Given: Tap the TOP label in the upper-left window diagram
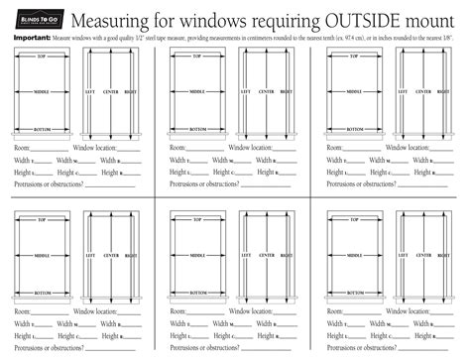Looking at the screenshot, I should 42,58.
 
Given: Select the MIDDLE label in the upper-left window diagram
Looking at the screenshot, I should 42,91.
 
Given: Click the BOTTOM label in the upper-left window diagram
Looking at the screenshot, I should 42,129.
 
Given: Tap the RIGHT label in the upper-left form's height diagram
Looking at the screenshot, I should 130,91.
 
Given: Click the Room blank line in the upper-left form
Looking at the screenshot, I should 51,148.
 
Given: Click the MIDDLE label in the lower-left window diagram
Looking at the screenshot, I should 42,255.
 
